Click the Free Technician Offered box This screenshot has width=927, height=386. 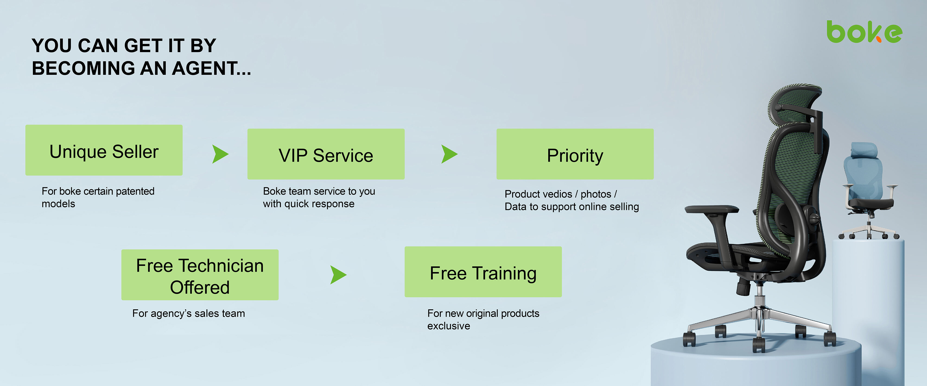[200, 275]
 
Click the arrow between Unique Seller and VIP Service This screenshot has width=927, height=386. [220, 154]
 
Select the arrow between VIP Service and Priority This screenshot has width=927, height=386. [449, 154]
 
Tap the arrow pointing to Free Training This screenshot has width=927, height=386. [338, 275]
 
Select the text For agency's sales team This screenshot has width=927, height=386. [189, 313]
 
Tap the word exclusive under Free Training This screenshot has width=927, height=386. [449, 326]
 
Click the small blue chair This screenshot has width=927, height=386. [869, 191]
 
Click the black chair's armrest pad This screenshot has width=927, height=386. [712, 209]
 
